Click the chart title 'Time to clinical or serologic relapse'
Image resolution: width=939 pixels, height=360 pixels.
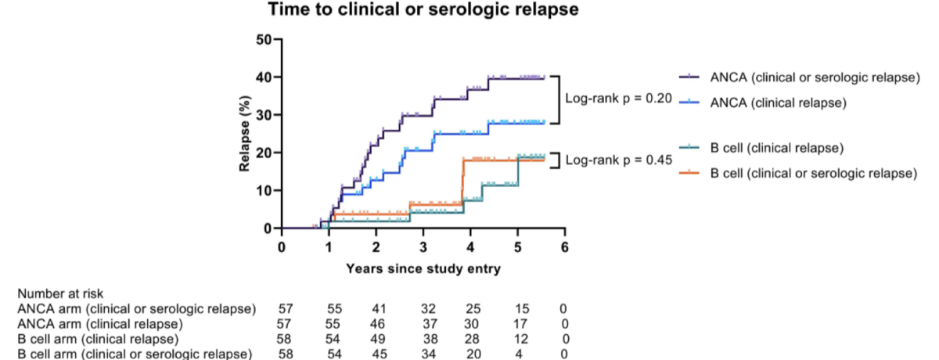pyautogui.click(x=423, y=9)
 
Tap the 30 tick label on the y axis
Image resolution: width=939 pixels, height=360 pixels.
pyautogui.click(x=264, y=115)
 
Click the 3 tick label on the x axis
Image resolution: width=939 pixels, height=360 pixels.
pyautogui.click(x=423, y=247)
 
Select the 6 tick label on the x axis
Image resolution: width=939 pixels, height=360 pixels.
pyautogui.click(x=565, y=247)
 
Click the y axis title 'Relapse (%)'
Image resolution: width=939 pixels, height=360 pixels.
pyautogui.click(x=244, y=134)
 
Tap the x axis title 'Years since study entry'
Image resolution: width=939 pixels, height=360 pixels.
pyautogui.click(x=423, y=268)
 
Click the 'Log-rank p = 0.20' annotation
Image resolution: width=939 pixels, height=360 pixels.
pyautogui.click(x=618, y=99)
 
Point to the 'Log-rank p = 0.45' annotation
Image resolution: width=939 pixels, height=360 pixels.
pyautogui.click(x=618, y=160)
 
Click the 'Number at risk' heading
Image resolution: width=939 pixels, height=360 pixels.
pyautogui.click(x=60, y=293)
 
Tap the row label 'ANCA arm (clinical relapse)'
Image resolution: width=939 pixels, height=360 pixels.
pyautogui.click(x=100, y=324)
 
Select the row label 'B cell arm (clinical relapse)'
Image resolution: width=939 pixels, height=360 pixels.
pyautogui.click(x=98, y=339)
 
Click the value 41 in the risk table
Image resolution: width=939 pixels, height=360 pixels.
pyautogui.click(x=379, y=309)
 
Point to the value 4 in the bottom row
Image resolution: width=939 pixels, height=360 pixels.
pyautogui.click(x=519, y=355)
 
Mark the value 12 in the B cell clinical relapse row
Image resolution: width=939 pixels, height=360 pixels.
pyautogui.click(x=520, y=339)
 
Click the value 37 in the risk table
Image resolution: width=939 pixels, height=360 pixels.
pyautogui.click(x=430, y=324)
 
